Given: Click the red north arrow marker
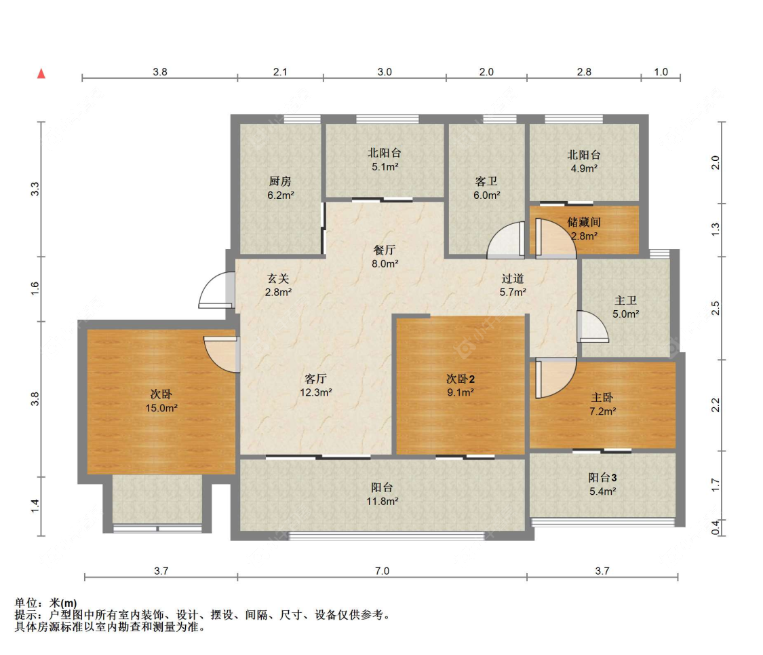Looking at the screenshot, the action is (x=41, y=73).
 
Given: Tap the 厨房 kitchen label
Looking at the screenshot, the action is (x=280, y=182).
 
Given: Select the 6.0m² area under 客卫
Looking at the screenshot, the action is (x=486, y=195).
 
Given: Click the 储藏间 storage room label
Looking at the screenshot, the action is (x=584, y=223).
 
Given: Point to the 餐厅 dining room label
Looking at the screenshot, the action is (x=385, y=250).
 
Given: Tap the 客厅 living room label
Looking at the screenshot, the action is (x=315, y=379).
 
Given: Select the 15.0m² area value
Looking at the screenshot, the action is (x=161, y=408).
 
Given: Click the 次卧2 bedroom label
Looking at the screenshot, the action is (x=461, y=379).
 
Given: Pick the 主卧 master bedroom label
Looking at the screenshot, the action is (x=602, y=398).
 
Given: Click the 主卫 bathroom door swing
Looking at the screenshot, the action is (x=592, y=326).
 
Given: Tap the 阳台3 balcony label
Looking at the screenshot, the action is (x=602, y=478).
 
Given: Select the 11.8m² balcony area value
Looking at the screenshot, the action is (x=383, y=501).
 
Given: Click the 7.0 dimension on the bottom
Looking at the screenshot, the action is (x=382, y=571).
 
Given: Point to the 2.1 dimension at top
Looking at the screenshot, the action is (x=280, y=72).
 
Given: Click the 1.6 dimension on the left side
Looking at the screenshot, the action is (x=35, y=288).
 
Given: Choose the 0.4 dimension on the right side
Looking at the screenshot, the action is (x=716, y=527).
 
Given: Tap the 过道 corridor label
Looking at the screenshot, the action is (x=513, y=278).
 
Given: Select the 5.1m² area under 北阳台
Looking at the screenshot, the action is (x=385, y=167).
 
